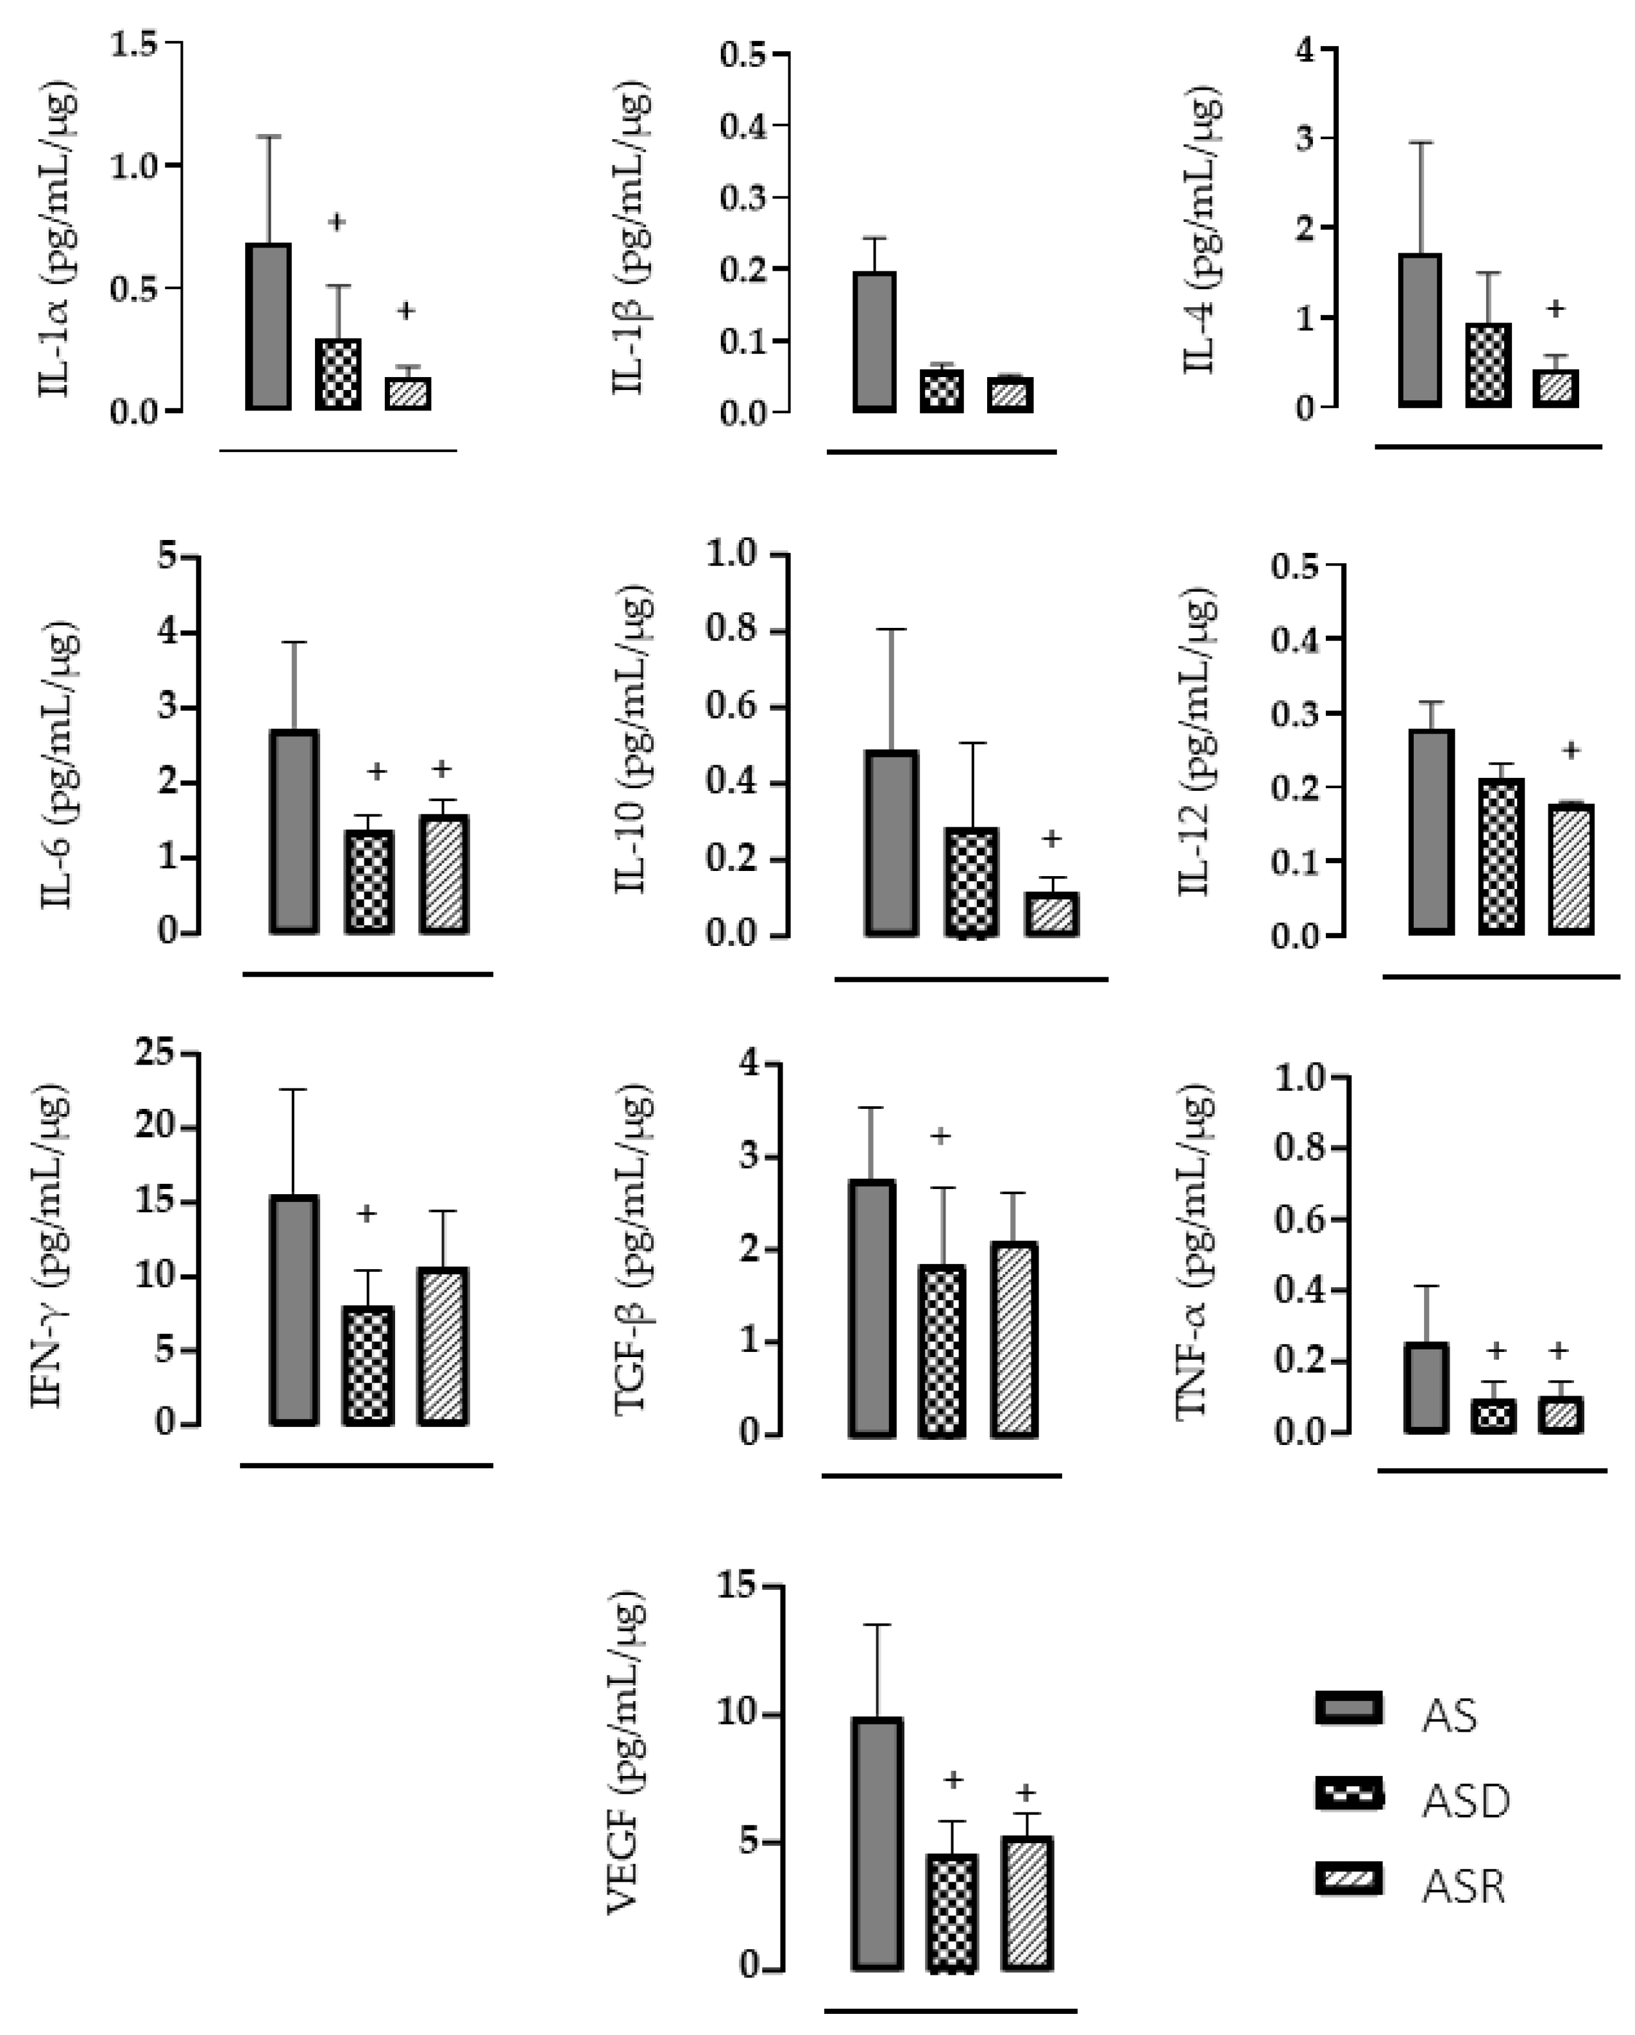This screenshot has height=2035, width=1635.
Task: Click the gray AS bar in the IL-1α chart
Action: click(269, 326)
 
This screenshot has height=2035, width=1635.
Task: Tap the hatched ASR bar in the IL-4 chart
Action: click(1555, 388)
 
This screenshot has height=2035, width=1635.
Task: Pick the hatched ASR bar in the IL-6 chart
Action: click(444, 874)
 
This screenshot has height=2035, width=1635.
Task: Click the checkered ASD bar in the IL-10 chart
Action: click(971, 882)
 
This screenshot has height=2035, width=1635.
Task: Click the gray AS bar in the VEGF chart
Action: click(877, 1843)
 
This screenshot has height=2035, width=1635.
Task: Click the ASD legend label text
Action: click(1465, 1801)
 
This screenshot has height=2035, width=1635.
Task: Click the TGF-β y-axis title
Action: click(630, 1251)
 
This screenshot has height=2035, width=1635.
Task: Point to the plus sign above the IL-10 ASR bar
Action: click(1051, 838)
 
